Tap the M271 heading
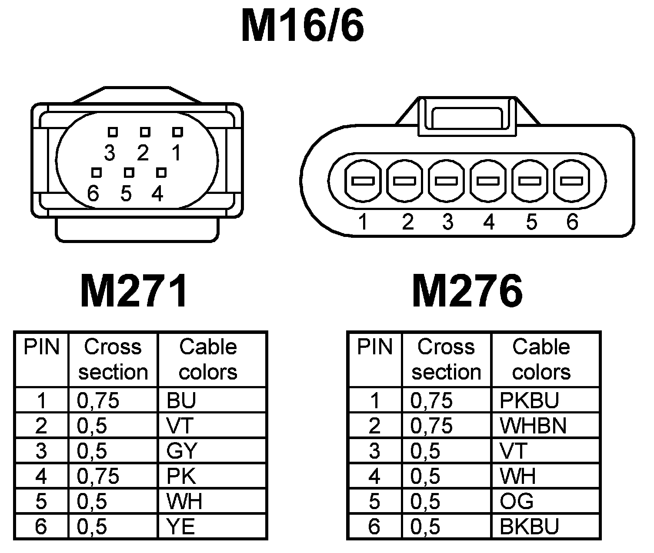pos(134,290)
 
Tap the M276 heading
pos(467,290)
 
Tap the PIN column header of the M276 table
pos(374,347)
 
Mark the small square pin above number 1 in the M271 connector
pos(177,132)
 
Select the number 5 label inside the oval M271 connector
pos(126,193)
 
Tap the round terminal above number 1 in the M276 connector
pos(363,180)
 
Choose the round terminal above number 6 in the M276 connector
pos(571,180)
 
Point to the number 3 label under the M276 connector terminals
pos(447,222)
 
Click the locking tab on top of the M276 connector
pos(467,115)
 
